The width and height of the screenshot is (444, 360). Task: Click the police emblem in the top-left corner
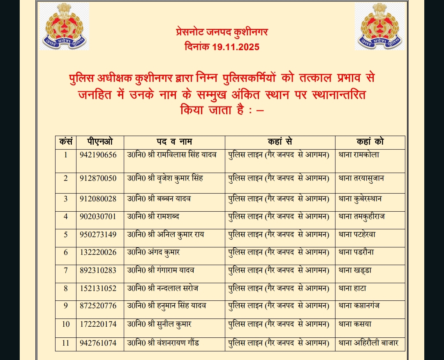click(x=65, y=26)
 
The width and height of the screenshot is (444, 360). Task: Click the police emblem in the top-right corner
click(x=379, y=26)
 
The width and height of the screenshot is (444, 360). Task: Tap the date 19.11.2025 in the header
click(x=236, y=47)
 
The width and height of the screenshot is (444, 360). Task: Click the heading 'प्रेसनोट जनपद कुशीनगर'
click(x=222, y=32)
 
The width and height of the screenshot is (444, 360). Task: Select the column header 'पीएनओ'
click(x=99, y=142)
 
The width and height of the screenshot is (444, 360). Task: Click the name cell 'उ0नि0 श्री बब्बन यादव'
click(x=159, y=198)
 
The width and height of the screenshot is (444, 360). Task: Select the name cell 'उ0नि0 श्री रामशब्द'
click(x=153, y=216)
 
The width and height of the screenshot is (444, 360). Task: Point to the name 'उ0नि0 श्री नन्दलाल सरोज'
click(x=163, y=288)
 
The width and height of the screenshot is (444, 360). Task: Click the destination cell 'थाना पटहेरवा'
click(x=356, y=234)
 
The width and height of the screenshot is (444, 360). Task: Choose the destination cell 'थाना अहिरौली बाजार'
click(x=368, y=343)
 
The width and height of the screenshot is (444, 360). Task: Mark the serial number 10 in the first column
click(x=66, y=324)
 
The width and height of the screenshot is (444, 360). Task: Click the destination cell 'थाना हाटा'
click(x=352, y=288)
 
